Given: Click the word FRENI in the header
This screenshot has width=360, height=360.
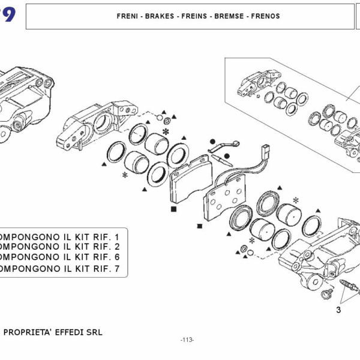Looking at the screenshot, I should pos(128,16).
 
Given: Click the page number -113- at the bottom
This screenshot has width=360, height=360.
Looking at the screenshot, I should pos(187,340).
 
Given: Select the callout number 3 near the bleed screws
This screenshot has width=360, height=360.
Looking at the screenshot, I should pos(338,310).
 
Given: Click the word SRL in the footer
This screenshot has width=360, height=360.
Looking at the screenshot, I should pos(95,332).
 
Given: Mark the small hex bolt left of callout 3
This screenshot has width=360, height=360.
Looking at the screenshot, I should pos(328,292).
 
